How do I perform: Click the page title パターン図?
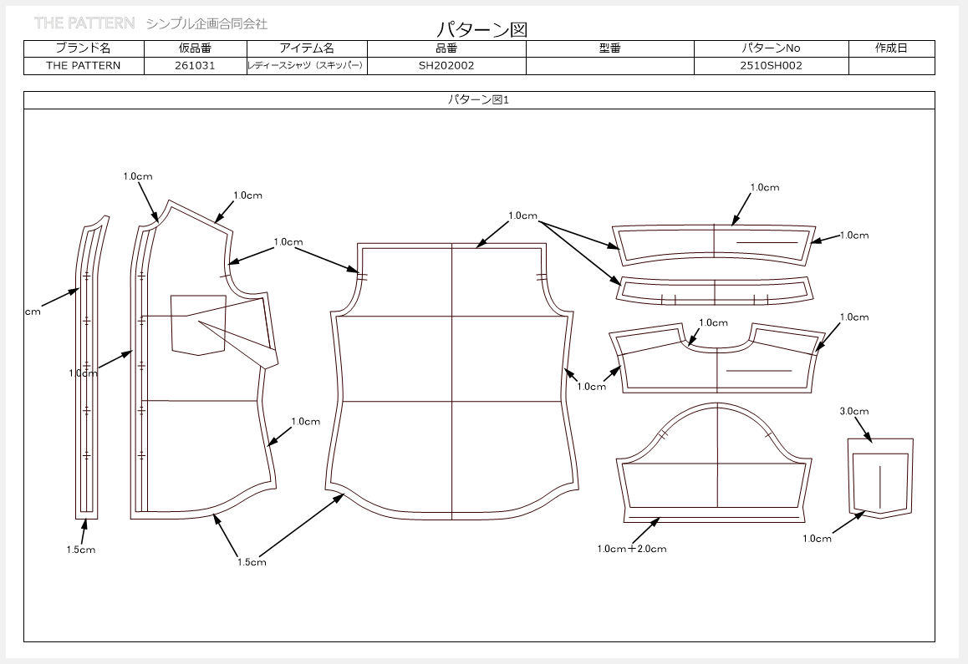[482, 29]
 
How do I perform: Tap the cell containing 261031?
[195, 65]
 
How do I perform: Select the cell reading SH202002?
[446, 65]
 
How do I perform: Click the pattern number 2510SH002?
[771, 65]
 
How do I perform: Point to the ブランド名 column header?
[84, 48]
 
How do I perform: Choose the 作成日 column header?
[891, 48]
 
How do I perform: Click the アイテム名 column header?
[307, 48]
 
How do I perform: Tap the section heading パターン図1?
[478, 100]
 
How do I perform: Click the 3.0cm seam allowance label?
[853, 411]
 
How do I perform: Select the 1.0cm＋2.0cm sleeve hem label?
[632, 549]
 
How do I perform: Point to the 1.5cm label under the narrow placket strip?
[81, 550]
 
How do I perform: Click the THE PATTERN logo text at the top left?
[84, 23]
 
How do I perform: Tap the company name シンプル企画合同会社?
[206, 24]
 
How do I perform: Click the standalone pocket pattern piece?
[880, 478]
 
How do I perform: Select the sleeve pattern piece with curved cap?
[716, 464]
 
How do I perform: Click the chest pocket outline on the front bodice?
[198, 325]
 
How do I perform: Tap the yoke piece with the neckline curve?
[716, 358]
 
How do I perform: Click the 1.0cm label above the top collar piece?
[765, 187]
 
